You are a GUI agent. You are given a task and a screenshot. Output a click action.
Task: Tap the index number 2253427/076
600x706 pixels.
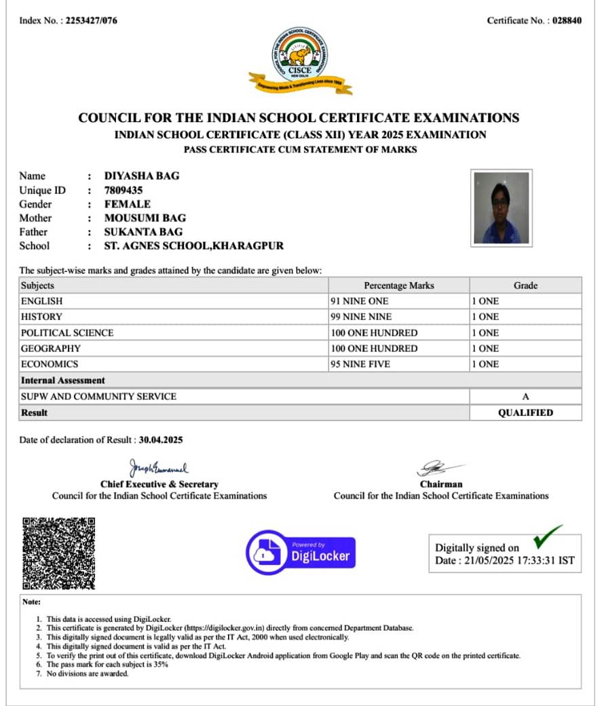pos(91,20)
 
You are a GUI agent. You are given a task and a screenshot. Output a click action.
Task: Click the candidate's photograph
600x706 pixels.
pos(502,207)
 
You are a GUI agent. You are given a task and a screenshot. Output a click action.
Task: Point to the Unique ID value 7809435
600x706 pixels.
pos(124,190)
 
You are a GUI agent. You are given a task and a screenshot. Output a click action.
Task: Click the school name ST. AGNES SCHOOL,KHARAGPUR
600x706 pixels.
pos(194,246)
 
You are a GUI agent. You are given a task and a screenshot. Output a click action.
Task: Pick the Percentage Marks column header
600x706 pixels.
pos(398,286)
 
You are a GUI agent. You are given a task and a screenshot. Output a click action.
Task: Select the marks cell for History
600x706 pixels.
pos(398,317)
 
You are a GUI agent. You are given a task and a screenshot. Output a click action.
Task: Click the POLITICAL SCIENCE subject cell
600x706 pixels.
pos(67,333)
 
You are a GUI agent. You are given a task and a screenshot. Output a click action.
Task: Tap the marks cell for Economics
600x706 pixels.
pos(398,364)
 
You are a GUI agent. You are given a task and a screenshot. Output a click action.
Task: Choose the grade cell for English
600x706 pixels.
pos(525,301)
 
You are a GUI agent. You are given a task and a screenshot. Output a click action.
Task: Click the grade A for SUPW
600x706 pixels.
pos(525,397)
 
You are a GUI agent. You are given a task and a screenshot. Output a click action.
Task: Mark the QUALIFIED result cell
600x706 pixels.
pos(525,412)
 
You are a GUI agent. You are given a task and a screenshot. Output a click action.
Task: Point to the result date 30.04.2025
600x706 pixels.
pos(161,439)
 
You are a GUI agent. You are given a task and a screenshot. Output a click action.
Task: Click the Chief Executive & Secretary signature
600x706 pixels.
pos(159,469)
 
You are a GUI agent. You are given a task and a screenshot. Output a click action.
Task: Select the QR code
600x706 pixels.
pos(58,553)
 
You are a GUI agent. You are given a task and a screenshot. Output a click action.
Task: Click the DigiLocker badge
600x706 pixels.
pos(300,551)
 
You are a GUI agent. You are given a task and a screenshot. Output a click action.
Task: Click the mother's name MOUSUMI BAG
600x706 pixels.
pos(145,218)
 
